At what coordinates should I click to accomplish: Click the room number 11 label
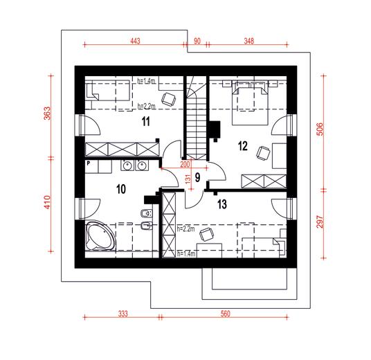pos(146,122)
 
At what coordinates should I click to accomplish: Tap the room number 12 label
pos(242,145)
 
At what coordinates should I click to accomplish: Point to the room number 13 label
pos(221,204)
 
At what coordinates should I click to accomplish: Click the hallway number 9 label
pos(197,178)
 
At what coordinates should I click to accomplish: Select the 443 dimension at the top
pos(135,42)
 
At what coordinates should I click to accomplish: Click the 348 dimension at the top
pos(249,42)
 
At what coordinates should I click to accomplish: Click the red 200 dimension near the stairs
pos(185,164)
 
